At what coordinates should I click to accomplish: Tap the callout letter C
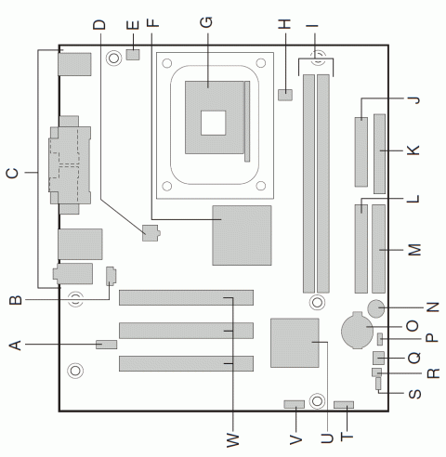(x=13, y=172)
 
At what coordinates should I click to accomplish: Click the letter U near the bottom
(x=325, y=437)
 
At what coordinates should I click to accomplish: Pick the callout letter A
(x=14, y=345)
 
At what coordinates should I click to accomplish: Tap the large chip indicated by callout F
(x=242, y=235)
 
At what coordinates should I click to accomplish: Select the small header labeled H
(x=284, y=94)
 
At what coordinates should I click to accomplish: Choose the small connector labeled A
(x=107, y=345)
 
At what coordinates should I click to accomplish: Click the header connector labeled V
(x=294, y=406)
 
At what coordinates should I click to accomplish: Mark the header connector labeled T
(x=345, y=406)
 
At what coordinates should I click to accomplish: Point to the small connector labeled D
(x=148, y=232)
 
